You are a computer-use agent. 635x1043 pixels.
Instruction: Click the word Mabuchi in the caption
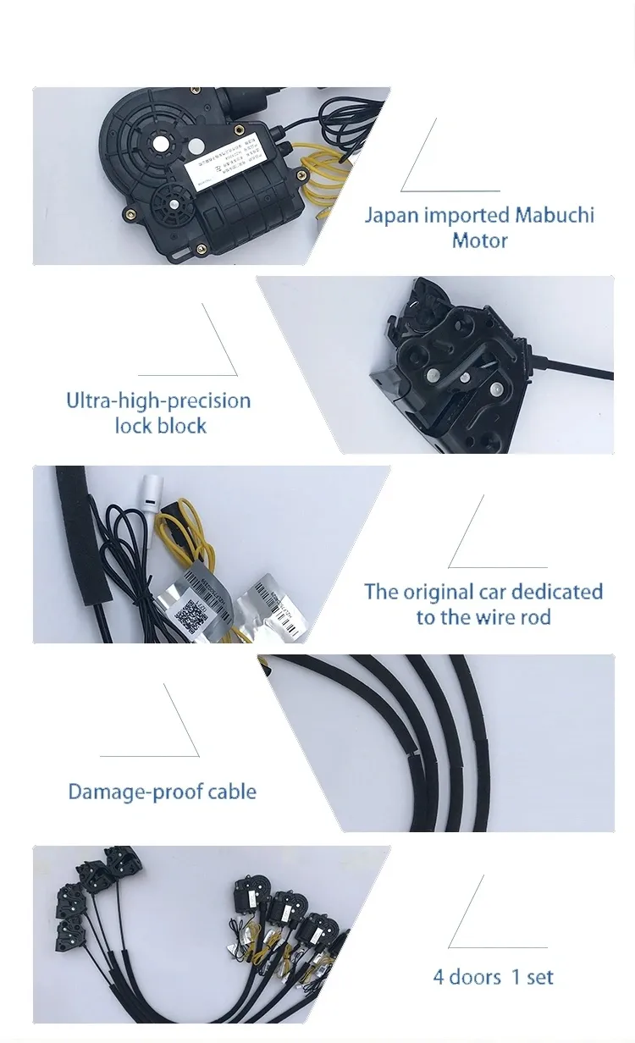pyautogui.click(x=554, y=215)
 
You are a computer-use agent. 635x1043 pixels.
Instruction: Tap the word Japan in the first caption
pyautogui.click(x=391, y=215)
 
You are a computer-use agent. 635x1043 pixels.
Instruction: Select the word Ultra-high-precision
pyautogui.click(x=158, y=400)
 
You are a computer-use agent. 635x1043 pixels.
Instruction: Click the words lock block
pyautogui.click(x=160, y=425)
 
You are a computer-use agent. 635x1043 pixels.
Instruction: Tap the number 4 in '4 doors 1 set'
pyautogui.click(x=439, y=977)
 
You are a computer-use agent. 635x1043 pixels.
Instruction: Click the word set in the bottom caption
pyautogui.click(x=539, y=977)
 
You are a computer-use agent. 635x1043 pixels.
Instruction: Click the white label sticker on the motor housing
pyautogui.click(x=229, y=165)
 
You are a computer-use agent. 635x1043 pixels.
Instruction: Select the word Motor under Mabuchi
pyautogui.click(x=479, y=240)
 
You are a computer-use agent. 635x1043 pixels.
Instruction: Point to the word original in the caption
pyautogui.click(x=439, y=591)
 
